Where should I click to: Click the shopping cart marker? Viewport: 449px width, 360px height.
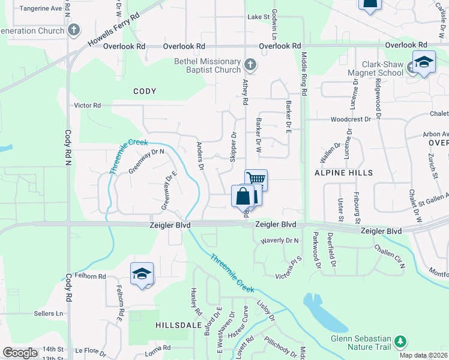click(x=256, y=179)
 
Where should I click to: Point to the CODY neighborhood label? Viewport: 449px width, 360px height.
click(x=145, y=92)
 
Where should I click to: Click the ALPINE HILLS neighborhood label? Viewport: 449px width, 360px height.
click(x=344, y=173)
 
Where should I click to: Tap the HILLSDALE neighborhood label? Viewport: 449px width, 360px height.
click(x=178, y=325)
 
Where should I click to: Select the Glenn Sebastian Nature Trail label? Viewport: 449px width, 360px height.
click(x=361, y=343)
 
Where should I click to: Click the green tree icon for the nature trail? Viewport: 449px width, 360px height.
click(x=400, y=342)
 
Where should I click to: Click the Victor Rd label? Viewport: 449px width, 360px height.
click(x=87, y=105)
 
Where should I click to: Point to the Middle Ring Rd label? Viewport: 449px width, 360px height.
click(x=304, y=74)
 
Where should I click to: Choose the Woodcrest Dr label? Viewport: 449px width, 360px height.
click(x=351, y=119)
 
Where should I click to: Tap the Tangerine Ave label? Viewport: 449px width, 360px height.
click(x=41, y=9)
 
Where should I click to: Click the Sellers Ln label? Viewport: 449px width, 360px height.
click(x=49, y=313)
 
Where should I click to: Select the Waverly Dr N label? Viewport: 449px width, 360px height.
click(x=279, y=241)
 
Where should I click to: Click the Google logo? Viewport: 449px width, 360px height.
click(x=20, y=353)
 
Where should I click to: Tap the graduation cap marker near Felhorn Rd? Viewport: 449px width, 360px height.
click(x=142, y=274)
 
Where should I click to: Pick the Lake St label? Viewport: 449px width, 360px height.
click(x=258, y=17)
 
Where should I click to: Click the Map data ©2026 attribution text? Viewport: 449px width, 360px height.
click(x=423, y=355)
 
